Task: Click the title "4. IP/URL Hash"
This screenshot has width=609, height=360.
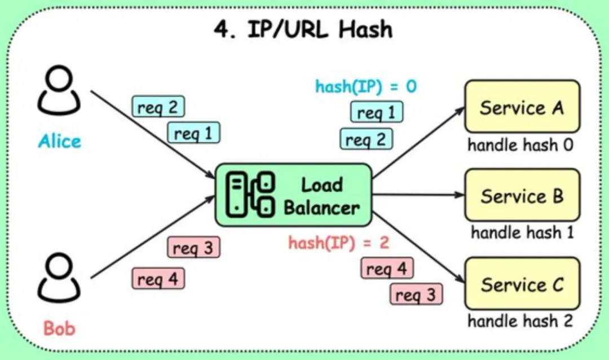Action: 303,29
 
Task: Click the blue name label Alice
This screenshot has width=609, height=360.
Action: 60,141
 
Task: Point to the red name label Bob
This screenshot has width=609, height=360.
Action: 59,328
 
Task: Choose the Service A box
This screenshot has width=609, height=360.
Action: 522,107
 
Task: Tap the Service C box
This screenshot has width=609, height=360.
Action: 522,284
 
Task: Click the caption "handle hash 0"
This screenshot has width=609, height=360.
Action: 520,145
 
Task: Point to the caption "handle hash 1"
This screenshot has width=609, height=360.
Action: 522,232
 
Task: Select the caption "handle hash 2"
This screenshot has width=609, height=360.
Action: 520,321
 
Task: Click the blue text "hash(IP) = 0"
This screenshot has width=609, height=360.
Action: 366,87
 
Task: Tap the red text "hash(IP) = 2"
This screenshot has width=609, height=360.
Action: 339,243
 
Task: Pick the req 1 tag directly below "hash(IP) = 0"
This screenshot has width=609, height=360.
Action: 377,112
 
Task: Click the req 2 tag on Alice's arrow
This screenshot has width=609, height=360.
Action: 158,107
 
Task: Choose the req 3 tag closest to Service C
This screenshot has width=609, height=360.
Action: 416,294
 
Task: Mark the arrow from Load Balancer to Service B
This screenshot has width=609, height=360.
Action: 417,195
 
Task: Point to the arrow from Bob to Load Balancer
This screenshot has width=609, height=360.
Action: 152,237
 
